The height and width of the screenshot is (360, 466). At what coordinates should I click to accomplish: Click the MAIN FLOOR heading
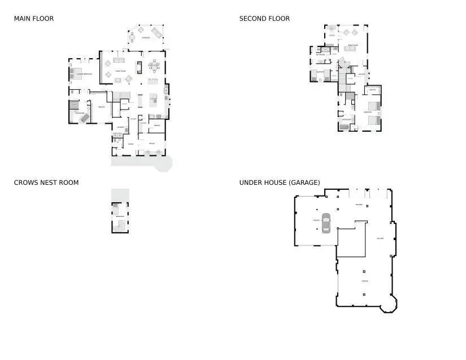pos(34,19)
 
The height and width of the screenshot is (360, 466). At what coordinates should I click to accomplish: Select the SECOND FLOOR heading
pos(264,19)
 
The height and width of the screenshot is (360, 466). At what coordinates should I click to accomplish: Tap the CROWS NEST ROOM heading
pos(46,183)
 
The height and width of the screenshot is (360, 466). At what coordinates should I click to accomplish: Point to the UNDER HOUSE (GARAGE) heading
pos(280,183)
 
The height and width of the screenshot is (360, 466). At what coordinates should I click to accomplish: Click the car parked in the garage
pos(326,223)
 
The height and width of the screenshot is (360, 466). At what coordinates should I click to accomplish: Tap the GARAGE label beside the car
pos(316,220)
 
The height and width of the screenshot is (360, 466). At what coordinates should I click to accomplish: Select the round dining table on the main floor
pos(154,66)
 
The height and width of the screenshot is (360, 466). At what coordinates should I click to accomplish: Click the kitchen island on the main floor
pos(153,100)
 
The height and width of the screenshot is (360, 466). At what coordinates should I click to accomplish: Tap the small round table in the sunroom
pos(132,38)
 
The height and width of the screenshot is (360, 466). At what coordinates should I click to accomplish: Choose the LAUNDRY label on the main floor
pos(120,128)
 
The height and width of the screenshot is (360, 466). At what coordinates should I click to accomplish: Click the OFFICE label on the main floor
pos(151,144)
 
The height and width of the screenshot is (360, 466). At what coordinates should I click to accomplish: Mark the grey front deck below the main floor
pos(141,162)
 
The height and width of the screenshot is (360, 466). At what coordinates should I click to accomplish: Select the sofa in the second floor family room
pos(350,49)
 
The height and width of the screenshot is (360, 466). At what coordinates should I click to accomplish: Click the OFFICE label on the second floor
pos(332,35)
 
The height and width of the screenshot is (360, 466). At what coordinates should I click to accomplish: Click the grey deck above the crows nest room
pos(120,194)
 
